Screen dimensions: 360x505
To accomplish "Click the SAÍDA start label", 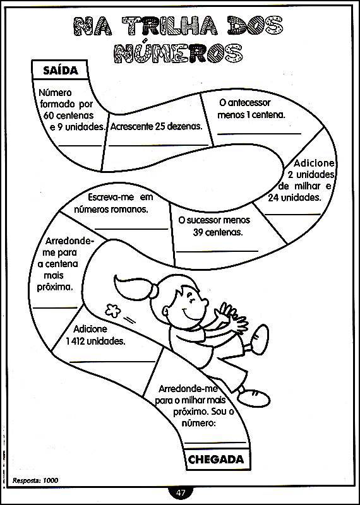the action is [61, 71].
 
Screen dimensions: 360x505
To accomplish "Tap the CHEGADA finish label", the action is [215, 460].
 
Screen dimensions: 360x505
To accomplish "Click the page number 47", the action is [181, 493].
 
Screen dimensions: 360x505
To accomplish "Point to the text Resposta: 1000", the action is [35, 480].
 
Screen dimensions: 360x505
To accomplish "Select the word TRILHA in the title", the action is [171, 26].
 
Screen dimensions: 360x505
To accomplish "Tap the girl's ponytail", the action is [135, 287].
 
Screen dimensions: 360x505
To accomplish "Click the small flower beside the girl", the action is [113, 311].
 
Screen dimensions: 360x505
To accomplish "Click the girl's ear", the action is [165, 311].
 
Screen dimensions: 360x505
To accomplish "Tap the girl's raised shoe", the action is [260, 340].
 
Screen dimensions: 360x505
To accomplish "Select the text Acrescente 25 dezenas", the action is [156, 126].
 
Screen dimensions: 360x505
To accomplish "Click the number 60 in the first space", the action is [47, 115].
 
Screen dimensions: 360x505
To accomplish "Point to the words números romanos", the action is [111, 210].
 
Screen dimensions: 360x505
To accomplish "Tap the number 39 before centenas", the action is [198, 232].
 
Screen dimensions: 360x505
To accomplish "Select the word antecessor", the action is [244, 103].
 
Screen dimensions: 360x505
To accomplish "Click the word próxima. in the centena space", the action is [54, 287].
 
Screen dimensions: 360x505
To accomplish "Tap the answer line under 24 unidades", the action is [292, 214].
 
